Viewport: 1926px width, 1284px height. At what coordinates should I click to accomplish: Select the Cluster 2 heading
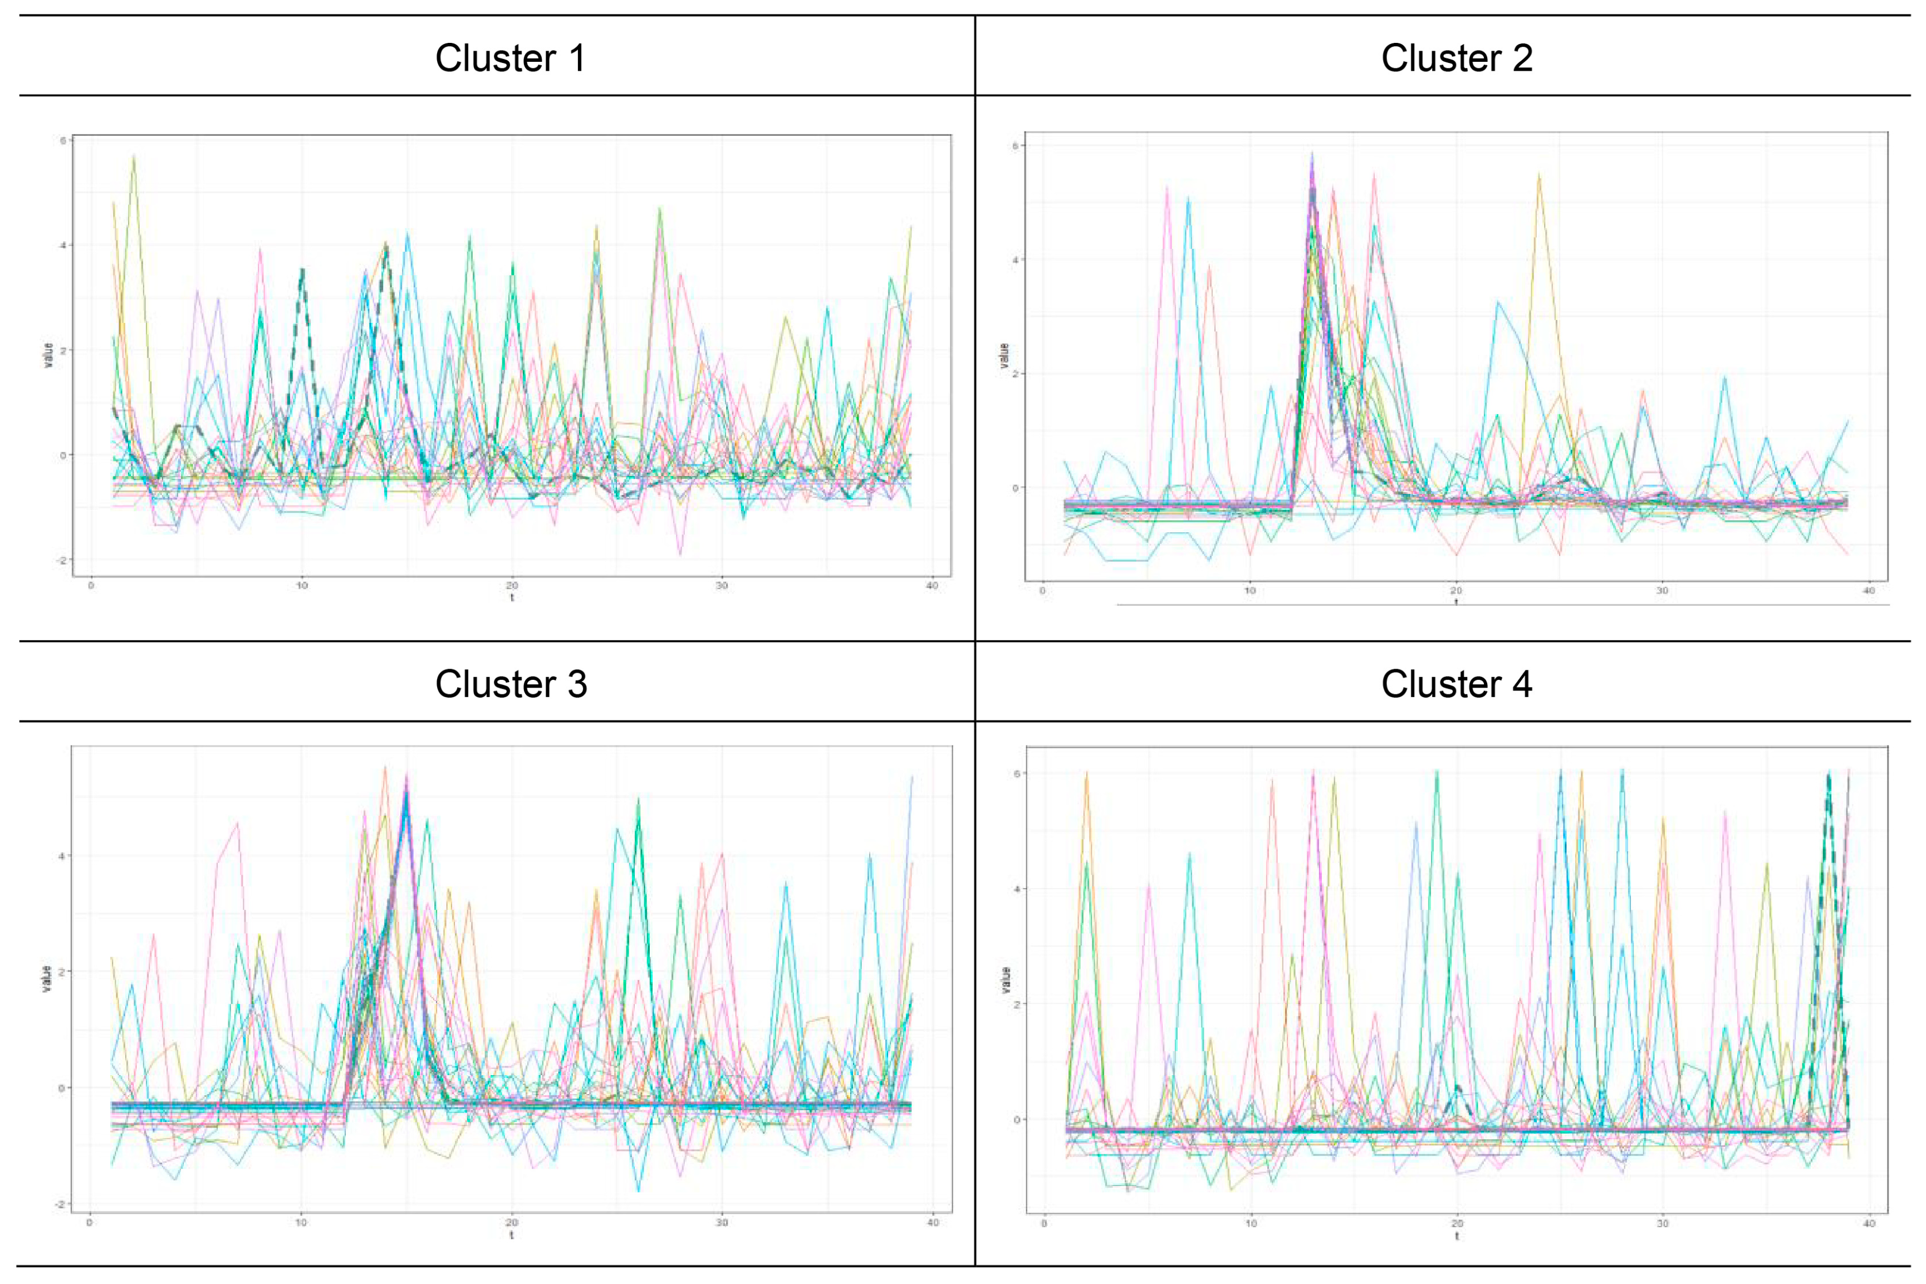pos(1457,58)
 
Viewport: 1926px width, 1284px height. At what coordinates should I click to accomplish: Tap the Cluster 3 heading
pos(511,684)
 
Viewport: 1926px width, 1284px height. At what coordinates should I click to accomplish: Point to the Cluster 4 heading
pos(1457,684)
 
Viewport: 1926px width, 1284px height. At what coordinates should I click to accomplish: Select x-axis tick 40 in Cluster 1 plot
pos(932,586)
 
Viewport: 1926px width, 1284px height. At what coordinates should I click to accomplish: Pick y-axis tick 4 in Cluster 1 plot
pos(62,246)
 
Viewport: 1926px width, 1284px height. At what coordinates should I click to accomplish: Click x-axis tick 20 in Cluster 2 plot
pos(1456,590)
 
